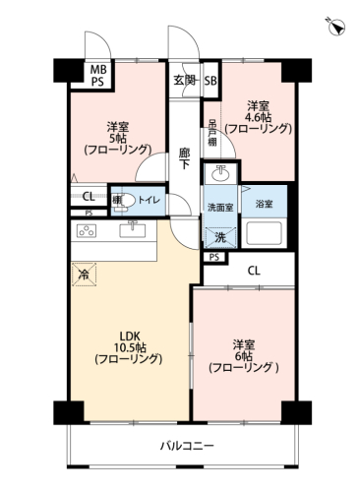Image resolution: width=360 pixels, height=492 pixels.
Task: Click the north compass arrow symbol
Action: click(336, 27)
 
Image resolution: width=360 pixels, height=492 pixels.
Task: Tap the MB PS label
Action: click(98, 76)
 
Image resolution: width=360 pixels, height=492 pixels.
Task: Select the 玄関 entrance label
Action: click(185, 80)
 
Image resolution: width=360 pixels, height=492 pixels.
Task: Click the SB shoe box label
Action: click(210, 81)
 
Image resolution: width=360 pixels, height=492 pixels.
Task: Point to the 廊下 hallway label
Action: click(184, 159)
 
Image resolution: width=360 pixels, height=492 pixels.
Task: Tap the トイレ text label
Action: click(150, 200)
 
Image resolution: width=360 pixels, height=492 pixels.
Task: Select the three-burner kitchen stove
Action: click(87, 230)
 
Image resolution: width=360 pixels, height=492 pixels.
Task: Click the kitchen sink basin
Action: click(133, 229)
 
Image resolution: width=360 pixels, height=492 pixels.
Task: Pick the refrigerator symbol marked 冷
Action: click(85, 275)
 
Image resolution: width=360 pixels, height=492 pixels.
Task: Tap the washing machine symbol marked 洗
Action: click(220, 237)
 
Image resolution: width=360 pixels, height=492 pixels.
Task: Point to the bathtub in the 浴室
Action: click(265, 233)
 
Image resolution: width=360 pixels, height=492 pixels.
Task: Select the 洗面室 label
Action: click(220, 208)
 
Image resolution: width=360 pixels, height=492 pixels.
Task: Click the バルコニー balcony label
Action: click(187, 446)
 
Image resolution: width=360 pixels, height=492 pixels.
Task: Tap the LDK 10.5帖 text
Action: click(129, 341)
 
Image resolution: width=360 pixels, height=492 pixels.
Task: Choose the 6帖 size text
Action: click(243, 356)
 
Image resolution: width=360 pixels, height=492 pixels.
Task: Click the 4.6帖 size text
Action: click(259, 117)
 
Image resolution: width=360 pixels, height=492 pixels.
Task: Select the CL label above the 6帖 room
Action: click(254, 271)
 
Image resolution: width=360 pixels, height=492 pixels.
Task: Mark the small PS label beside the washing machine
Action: click(214, 257)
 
